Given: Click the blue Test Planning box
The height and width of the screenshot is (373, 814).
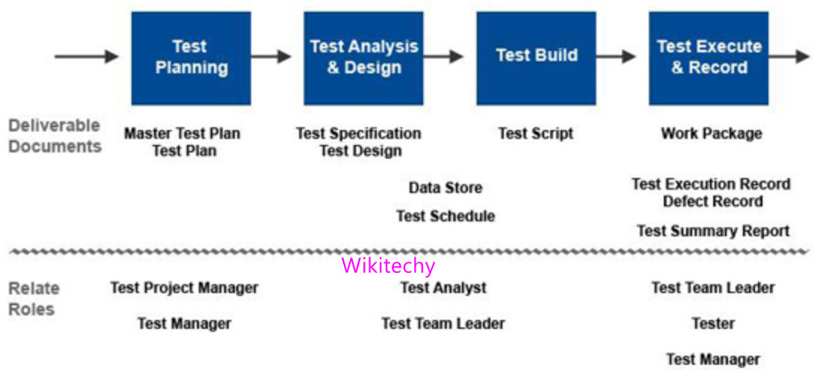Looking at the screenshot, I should tap(191, 58).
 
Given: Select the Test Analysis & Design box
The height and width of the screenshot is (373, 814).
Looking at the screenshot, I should tap(363, 58).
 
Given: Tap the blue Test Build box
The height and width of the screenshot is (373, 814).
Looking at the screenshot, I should tap(536, 58).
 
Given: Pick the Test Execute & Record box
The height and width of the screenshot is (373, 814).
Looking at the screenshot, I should tap(708, 58).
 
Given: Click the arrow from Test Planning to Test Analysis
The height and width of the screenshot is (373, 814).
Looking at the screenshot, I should tap(271, 56).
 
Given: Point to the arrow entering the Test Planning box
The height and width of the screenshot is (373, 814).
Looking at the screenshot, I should tap(87, 56).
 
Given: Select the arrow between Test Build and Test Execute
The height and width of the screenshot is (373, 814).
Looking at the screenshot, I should tap(616, 56).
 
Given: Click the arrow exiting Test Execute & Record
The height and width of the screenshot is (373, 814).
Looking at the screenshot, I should tap(789, 56).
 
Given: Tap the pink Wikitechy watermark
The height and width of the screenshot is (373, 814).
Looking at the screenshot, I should tap(388, 265).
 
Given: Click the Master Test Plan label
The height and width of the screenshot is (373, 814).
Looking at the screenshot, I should tap(182, 134).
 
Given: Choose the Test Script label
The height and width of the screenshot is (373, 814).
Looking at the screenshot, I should tap(536, 134).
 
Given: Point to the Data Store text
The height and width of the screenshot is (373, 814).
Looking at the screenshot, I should tap(445, 188).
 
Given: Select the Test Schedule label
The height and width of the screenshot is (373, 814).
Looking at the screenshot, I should tap(445, 216).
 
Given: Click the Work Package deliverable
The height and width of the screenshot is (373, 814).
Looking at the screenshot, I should tap(712, 134).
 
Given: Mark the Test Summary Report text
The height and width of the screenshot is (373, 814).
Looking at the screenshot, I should tap(713, 231).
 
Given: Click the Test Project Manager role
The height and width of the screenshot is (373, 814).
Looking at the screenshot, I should tap(184, 288).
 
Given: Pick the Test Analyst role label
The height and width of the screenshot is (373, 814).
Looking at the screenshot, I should tap(443, 288).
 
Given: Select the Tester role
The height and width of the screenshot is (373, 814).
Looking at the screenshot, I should tap(713, 324).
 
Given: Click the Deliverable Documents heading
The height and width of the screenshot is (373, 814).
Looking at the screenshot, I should tap(55, 135).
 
